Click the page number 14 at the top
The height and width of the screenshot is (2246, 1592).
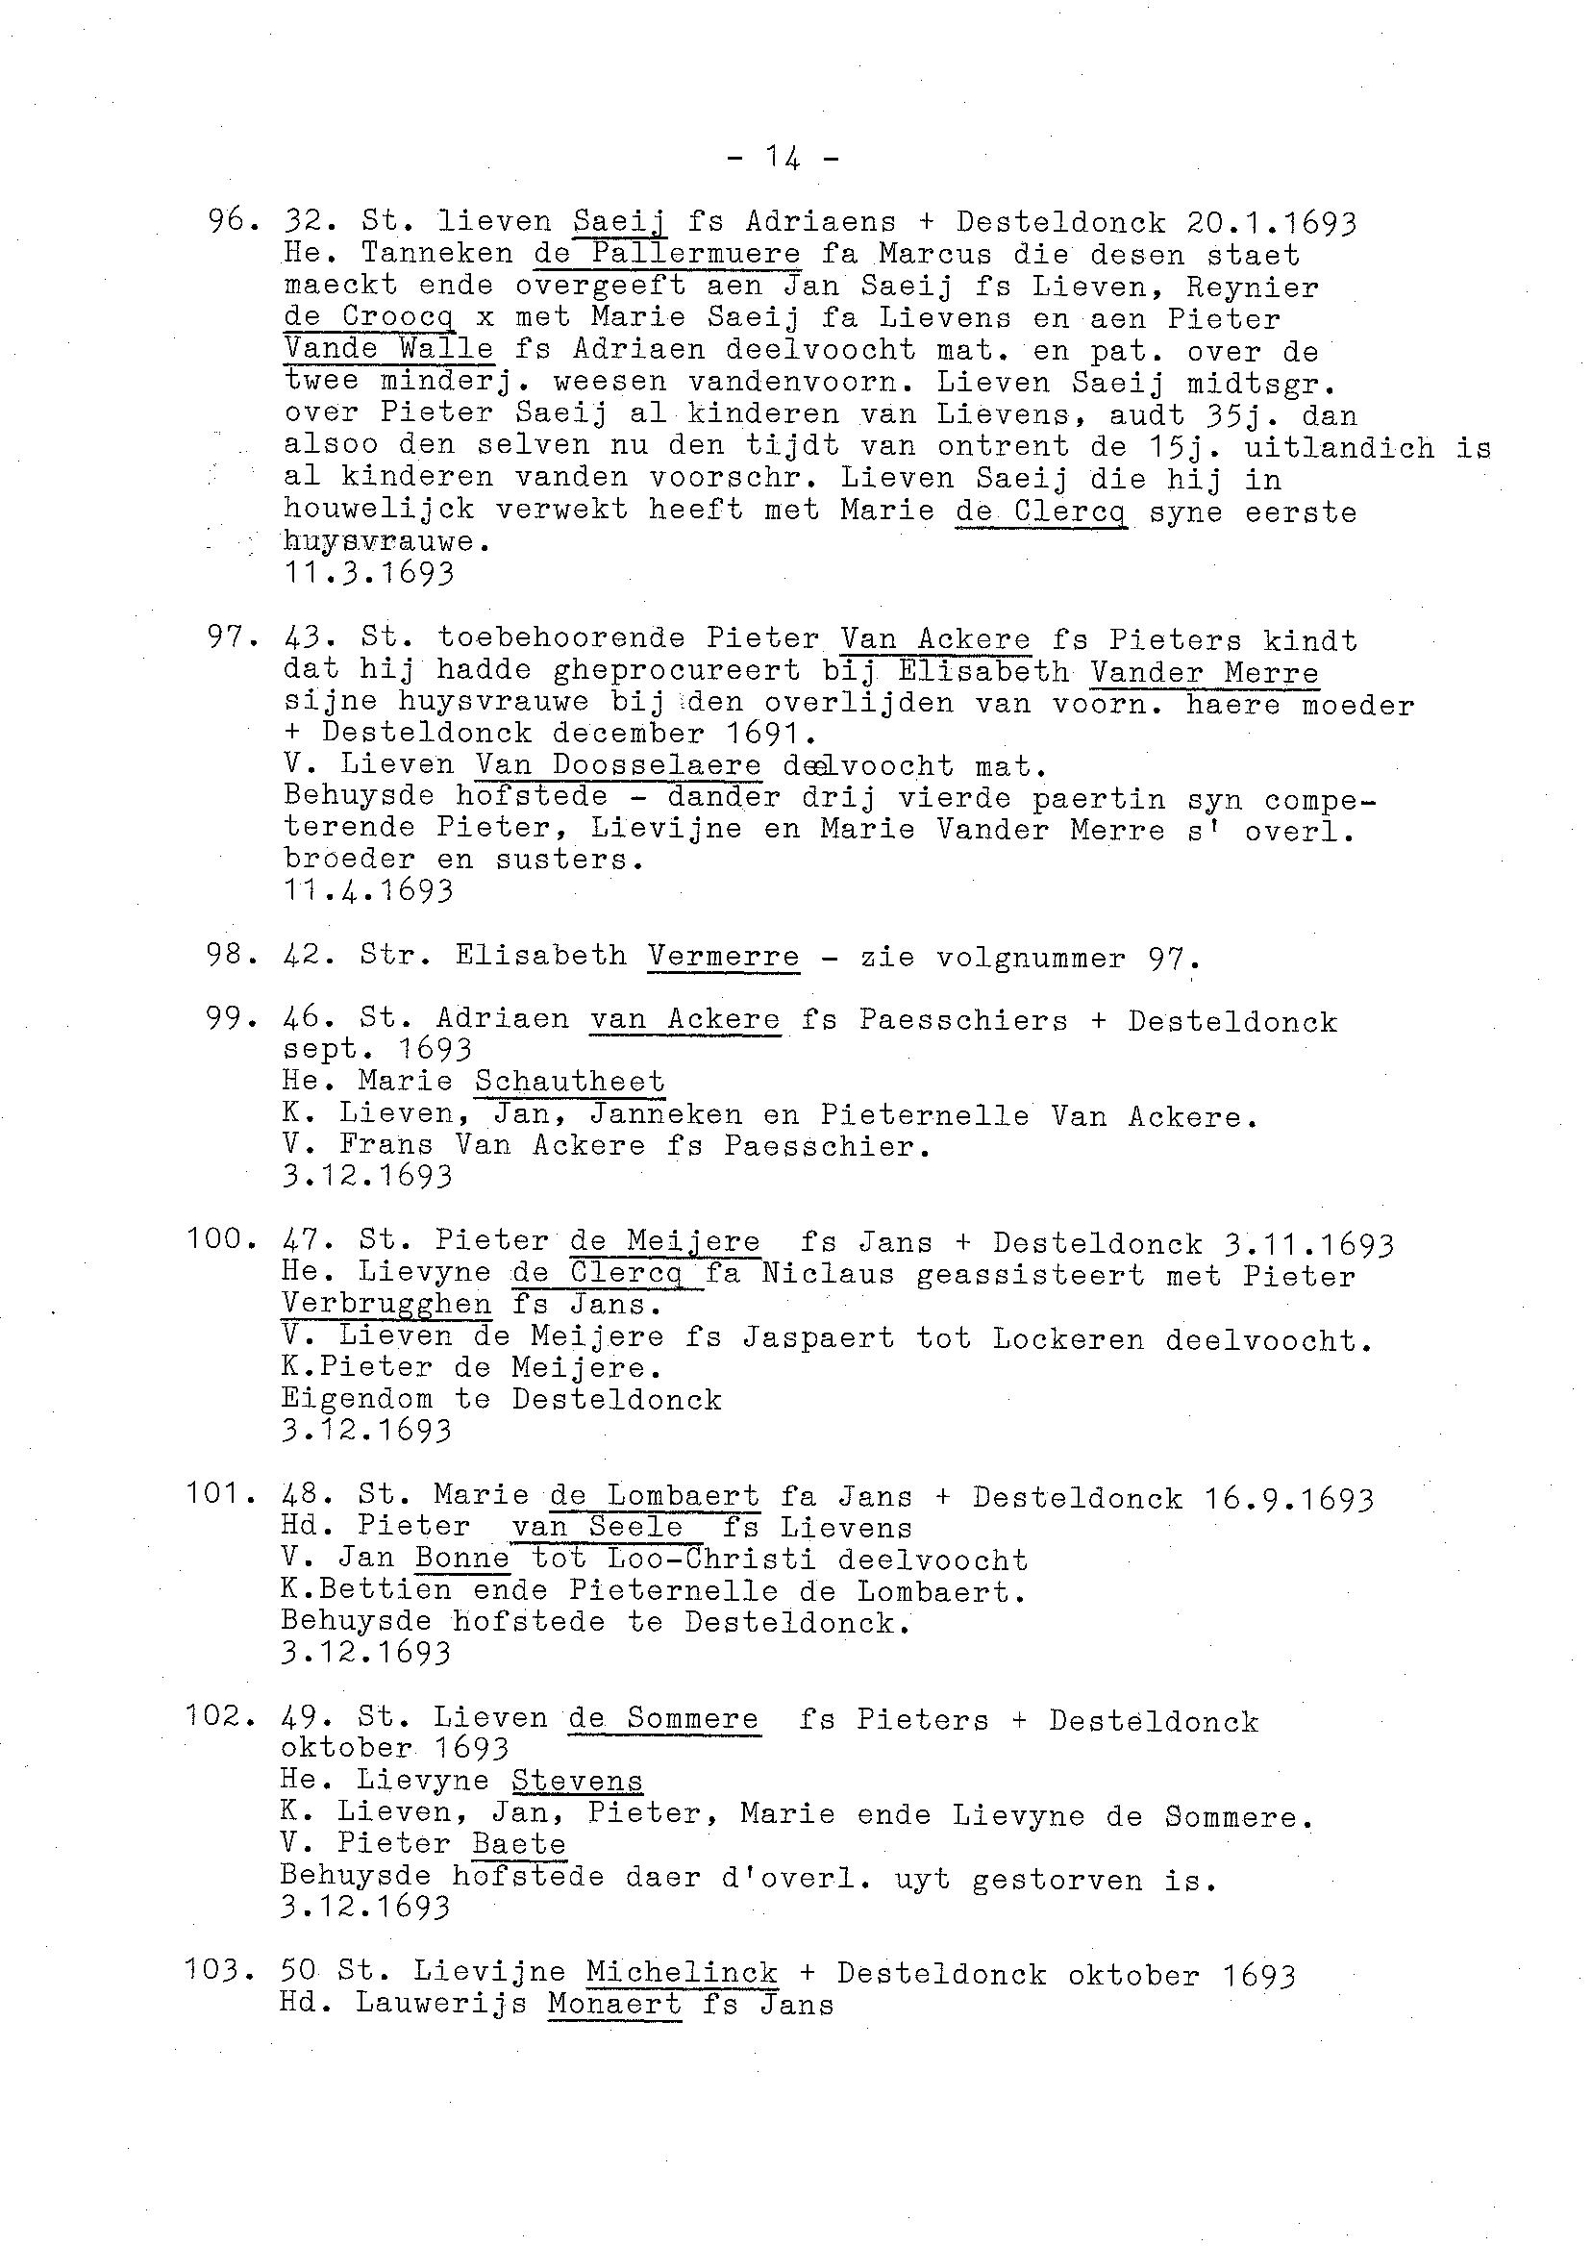pyautogui.click(x=784, y=157)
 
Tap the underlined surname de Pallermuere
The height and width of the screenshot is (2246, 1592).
pyautogui.click(x=667, y=253)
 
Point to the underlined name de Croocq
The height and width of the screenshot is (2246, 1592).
pyautogui.click(x=368, y=318)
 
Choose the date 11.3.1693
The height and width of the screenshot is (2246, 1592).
pyautogui.click(x=368, y=572)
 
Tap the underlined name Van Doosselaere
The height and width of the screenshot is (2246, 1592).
pyautogui.click(x=618, y=764)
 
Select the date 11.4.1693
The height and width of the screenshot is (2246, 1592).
pyautogui.click(x=368, y=891)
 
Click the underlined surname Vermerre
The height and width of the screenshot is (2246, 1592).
pyautogui.click(x=724, y=956)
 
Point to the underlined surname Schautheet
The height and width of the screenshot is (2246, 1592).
pyautogui.click(x=569, y=1082)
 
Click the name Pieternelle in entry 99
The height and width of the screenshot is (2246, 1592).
pyautogui.click(x=925, y=1115)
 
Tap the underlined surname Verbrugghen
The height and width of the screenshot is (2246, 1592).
pyautogui.click(x=386, y=1304)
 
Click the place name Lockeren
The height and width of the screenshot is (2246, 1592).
pyautogui.click(x=1067, y=1339)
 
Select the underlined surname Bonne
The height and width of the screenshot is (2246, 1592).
pyautogui.click(x=462, y=1558)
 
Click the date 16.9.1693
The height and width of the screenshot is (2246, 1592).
pyautogui.click(x=1273, y=1499)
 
